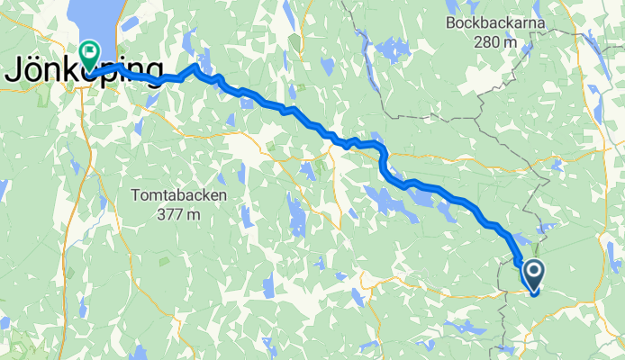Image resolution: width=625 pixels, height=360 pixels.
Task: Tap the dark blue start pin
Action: [532, 274]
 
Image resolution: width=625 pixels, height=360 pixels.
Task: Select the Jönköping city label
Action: [83, 72]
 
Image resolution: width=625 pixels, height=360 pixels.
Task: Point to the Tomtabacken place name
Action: [177, 194]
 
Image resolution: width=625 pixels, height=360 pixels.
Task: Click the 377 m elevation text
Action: [177, 214]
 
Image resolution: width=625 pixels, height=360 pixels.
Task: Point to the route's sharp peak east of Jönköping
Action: [195, 67]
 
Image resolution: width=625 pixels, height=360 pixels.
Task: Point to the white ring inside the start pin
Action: [532, 270]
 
